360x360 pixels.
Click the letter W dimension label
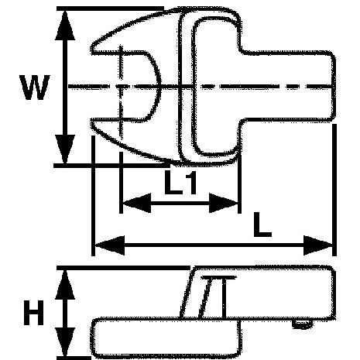pos(35,87)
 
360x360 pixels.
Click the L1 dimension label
pos(180,183)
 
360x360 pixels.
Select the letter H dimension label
pos(33,312)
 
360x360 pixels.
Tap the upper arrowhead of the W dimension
pos(65,26)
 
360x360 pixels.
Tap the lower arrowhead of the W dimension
pos(65,149)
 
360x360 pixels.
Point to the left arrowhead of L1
pos(136,203)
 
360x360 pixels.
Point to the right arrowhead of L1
pos(224,203)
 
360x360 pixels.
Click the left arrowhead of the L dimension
pos(110,245)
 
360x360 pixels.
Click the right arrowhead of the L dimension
pos(318,245)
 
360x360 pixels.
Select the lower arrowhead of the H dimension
pos(65,342)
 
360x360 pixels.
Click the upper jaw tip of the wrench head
pos(92,50)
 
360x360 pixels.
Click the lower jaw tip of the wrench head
pos(92,123)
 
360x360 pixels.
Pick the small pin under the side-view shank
pos(303,324)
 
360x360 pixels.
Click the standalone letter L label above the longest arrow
pos(262,225)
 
